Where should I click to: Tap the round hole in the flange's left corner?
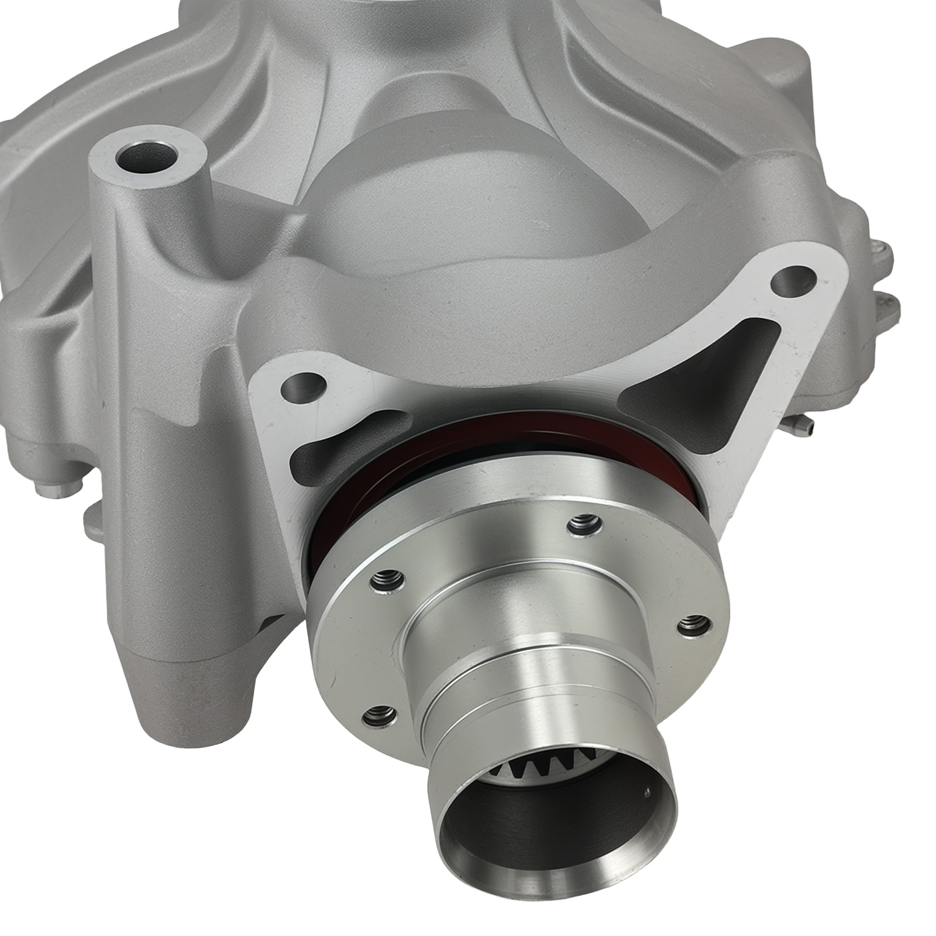coord(304,387)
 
